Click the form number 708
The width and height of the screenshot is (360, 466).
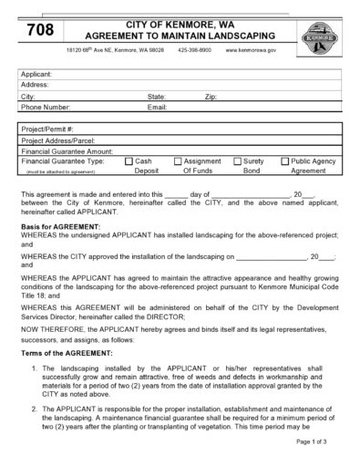coord(39,30)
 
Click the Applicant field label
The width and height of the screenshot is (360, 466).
coord(36,73)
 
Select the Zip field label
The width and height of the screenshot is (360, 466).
coord(211,95)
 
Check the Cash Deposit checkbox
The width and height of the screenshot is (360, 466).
coord(129,161)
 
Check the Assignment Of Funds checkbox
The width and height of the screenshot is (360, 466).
coord(178,161)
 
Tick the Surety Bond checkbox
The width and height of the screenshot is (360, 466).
coord(236,161)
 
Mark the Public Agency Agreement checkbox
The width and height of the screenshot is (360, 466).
coord(283,161)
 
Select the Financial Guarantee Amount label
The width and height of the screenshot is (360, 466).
coord(67,150)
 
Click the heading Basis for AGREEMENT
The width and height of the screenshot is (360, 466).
coord(60,225)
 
